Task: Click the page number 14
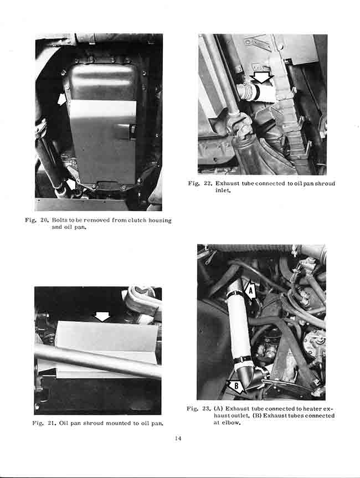click(x=178, y=439)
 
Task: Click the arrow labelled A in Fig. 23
click(x=249, y=290)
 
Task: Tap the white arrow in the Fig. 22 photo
click(x=262, y=78)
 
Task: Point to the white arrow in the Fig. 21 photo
click(x=102, y=316)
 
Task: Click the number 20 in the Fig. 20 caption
click(x=45, y=220)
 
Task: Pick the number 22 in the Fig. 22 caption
click(x=208, y=183)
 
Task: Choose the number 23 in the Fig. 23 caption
click(x=207, y=409)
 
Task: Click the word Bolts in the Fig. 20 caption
click(x=61, y=220)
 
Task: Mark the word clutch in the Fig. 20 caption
click(x=133, y=220)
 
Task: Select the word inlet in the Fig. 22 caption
click(x=222, y=191)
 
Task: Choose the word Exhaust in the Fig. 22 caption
click(x=230, y=183)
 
